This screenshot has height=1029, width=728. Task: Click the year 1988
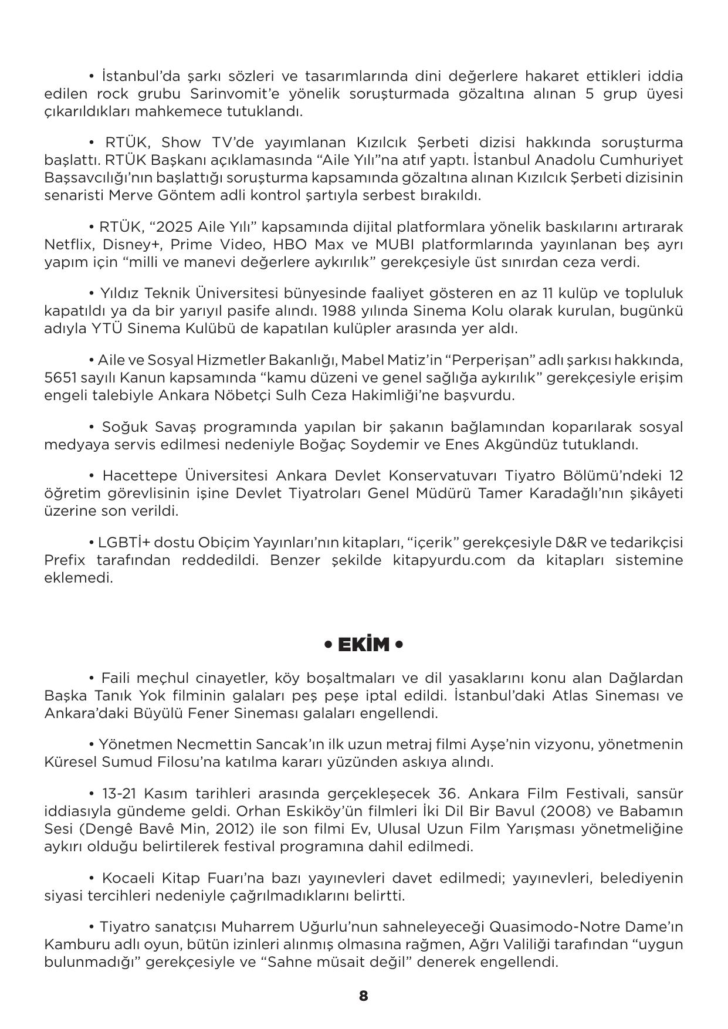[x=341, y=311]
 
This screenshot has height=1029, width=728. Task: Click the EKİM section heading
[x=364, y=645]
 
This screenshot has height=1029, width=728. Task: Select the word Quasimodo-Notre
[x=550, y=927]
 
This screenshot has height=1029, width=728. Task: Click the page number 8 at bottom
[x=364, y=996]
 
